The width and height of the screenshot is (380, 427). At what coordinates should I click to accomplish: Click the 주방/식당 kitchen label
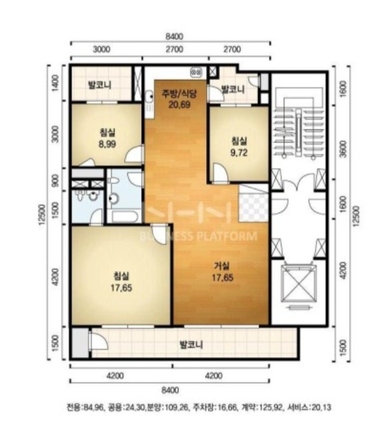click(x=179, y=93)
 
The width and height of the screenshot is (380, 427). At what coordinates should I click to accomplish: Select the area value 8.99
click(x=107, y=144)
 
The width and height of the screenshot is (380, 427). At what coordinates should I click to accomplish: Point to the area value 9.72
click(x=239, y=152)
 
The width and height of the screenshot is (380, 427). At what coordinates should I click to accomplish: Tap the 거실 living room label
click(x=222, y=266)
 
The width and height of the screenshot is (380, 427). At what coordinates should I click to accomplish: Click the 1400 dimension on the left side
click(x=55, y=83)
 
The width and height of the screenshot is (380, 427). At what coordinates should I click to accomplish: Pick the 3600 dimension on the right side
click(x=344, y=149)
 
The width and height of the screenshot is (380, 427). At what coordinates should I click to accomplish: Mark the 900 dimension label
click(x=55, y=180)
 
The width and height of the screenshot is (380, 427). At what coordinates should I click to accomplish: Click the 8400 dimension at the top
click(x=174, y=36)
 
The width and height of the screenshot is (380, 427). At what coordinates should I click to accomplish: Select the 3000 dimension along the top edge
click(x=102, y=49)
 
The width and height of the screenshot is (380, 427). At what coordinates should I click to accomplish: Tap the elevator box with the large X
click(x=299, y=283)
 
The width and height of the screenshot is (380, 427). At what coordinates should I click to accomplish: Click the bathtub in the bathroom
click(x=123, y=217)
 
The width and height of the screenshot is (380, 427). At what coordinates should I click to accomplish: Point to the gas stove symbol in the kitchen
click(x=197, y=72)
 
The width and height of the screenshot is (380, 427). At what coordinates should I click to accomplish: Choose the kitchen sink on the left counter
click(x=149, y=96)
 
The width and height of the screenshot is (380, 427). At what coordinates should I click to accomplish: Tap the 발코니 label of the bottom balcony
click(x=191, y=345)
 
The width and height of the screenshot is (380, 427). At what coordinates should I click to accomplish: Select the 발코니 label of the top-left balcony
click(x=100, y=86)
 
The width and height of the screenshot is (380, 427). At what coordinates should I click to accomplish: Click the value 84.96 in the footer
click(x=93, y=408)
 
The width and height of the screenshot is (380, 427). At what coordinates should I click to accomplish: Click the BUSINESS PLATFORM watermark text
click(x=198, y=236)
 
